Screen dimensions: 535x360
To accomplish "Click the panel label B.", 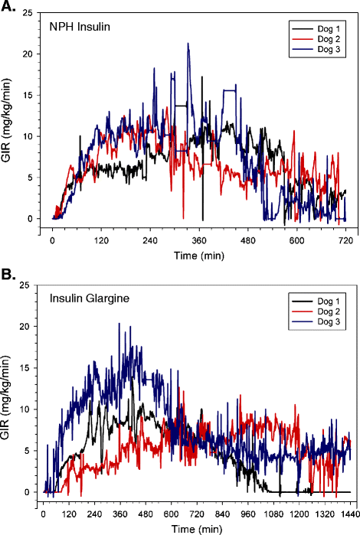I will coord(8,273).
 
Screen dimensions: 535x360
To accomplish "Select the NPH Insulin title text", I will coord(79,27).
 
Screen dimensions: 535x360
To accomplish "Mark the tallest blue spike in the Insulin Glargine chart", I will coord(119,324).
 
